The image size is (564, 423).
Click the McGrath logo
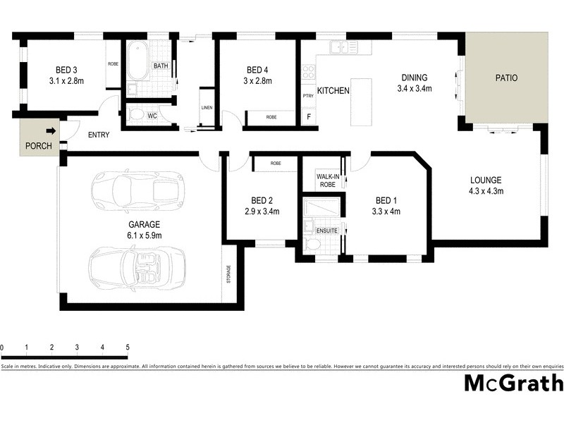tap(513, 383)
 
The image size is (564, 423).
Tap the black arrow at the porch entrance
tap(51, 130)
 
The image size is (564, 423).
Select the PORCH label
tap(38, 147)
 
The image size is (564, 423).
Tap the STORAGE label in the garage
tap(228, 274)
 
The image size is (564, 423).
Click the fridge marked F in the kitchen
tap(308, 116)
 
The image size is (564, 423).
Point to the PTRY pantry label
tap(308, 95)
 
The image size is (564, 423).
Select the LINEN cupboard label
tap(207, 107)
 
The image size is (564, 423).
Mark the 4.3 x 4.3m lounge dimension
tap(486, 191)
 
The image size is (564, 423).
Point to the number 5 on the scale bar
tap(128, 348)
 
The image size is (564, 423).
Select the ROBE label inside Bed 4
tap(271, 117)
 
